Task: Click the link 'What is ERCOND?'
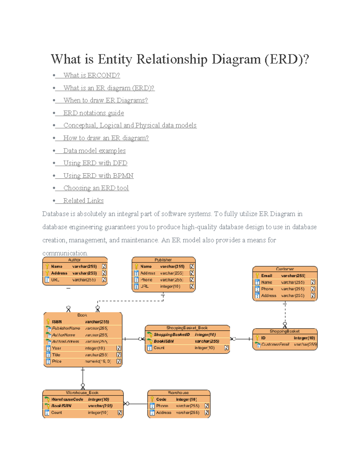coord(91,75)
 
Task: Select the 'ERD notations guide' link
coord(93,113)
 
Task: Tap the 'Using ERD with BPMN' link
coord(98,176)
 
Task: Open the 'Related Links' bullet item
coord(83,201)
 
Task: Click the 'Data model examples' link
coord(94,151)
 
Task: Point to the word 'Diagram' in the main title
coord(236,59)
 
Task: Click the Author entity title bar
coord(74,260)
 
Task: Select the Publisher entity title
coord(163,260)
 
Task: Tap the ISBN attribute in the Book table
coord(57,322)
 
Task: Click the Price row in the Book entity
coord(57,361)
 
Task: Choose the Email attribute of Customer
coord(266,275)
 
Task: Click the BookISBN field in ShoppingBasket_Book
coord(164,341)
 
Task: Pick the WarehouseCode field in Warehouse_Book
coord(67,399)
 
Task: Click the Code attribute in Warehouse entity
coord(161,399)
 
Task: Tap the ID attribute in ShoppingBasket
coord(263,338)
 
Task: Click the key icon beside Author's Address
coord(47,273)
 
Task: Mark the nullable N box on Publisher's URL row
coord(192,286)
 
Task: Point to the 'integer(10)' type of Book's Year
coord(95,348)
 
